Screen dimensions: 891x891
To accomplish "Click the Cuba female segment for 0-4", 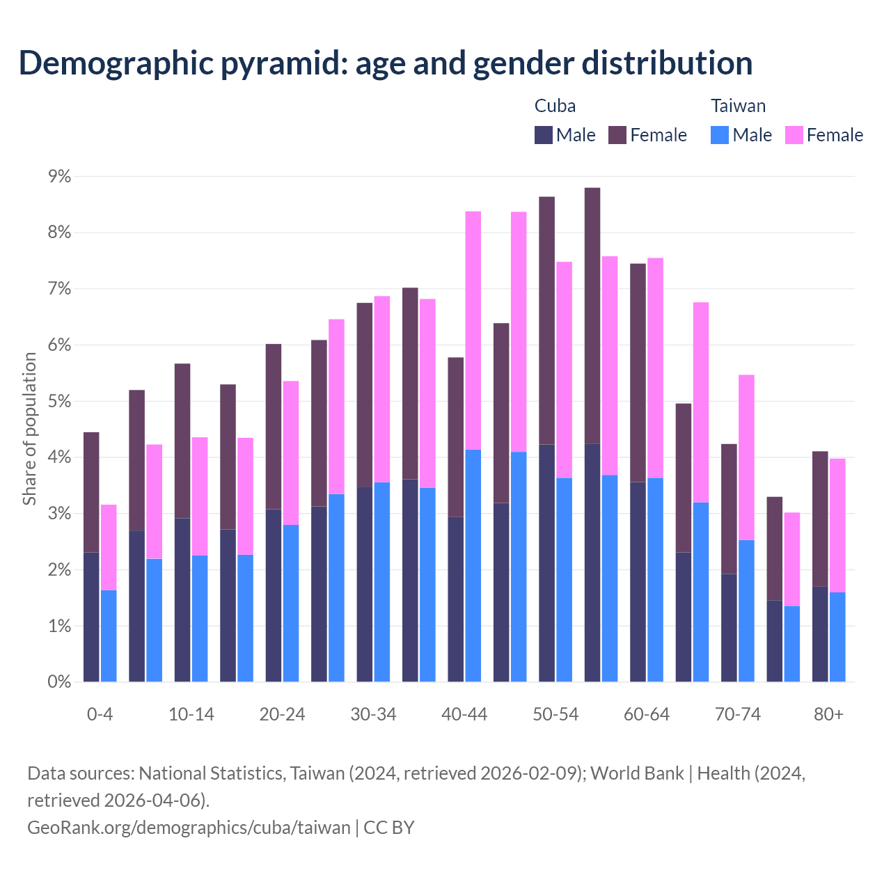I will click(x=91, y=491).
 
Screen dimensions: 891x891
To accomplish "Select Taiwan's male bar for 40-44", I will click(x=473, y=565).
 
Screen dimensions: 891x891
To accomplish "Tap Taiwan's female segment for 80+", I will click(x=837, y=525).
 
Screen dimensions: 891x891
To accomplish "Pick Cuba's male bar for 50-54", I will click(x=547, y=562).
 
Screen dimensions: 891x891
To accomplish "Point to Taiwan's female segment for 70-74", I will click(x=746, y=457).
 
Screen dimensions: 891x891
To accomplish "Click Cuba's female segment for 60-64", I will click(x=638, y=372).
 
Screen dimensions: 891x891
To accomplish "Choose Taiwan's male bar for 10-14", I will click(x=200, y=618).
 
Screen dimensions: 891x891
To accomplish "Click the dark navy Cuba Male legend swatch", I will click(x=544, y=135).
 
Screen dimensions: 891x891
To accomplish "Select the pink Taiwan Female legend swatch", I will click(x=794, y=135).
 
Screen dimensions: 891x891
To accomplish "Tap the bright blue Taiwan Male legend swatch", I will click(x=720, y=135).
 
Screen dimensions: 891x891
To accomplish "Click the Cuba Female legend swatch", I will click(x=617, y=135).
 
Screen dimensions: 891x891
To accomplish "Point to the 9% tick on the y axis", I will click(x=59, y=177).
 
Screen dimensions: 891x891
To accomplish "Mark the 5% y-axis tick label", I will click(x=59, y=402).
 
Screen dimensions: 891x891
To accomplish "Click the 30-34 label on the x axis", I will click(x=373, y=714).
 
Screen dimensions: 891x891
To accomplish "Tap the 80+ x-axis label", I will click(x=828, y=714).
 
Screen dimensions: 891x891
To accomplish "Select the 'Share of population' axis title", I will click(x=29, y=428).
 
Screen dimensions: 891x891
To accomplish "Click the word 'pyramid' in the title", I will click(x=282, y=63).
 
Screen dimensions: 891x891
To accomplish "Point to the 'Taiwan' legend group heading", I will click(x=738, y=106).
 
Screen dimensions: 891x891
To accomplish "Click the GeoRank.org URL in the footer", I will click(x=189, y=827).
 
